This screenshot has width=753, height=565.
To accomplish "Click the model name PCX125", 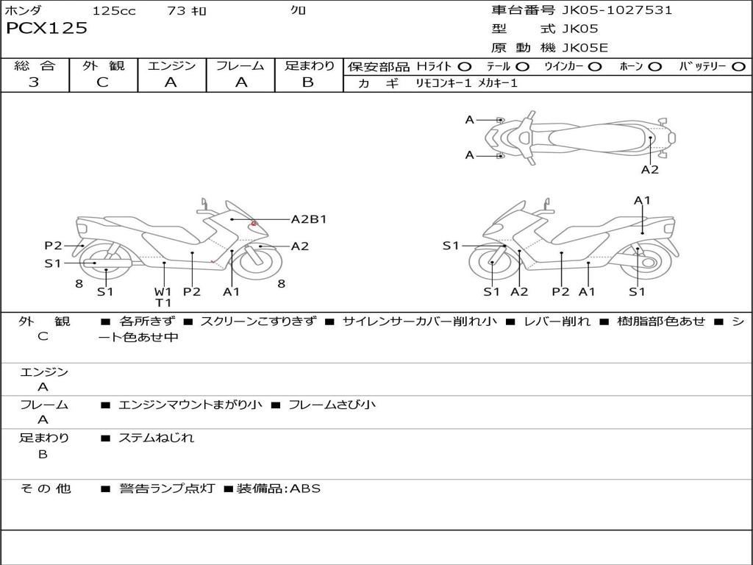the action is (46, 29).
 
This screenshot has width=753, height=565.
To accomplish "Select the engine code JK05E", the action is (585, 49).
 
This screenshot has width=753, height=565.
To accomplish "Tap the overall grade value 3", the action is (34, 82).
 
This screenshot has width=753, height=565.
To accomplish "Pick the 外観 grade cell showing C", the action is (103, 82).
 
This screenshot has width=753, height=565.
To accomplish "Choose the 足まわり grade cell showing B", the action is (308, 82).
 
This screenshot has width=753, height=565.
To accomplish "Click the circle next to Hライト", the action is (465, 66).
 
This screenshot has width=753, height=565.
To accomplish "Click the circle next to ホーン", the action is (654, 66).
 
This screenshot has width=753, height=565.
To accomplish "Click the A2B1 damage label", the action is (309, 219).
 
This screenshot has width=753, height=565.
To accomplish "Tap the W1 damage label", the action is (163, 291).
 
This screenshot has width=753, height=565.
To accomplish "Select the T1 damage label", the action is (163, 302).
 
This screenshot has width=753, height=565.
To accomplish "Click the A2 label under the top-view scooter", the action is (649, 170).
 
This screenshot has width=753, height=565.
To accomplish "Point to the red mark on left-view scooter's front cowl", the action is (254, 222).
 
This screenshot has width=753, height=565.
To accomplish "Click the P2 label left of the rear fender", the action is (53, 246).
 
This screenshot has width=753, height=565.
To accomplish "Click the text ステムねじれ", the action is (157, 438).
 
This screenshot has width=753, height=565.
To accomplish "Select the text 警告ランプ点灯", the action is (167, 488).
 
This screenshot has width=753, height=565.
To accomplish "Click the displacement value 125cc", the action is (114, 11).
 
